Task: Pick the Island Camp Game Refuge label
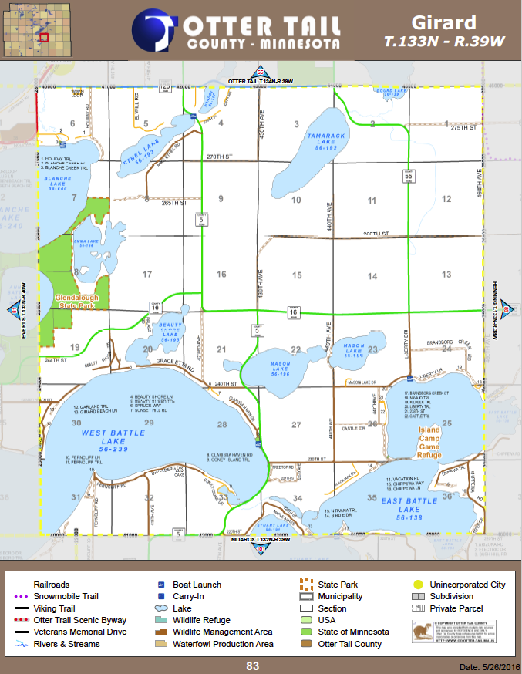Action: pos(429,442)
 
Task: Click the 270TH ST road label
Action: pos(220,157)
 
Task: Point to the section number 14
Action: pos(372,276)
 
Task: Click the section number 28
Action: pos(222,425)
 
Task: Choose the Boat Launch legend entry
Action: pos(196,585)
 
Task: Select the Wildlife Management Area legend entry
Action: pos(223,632)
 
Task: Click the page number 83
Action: pos(252,665)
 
